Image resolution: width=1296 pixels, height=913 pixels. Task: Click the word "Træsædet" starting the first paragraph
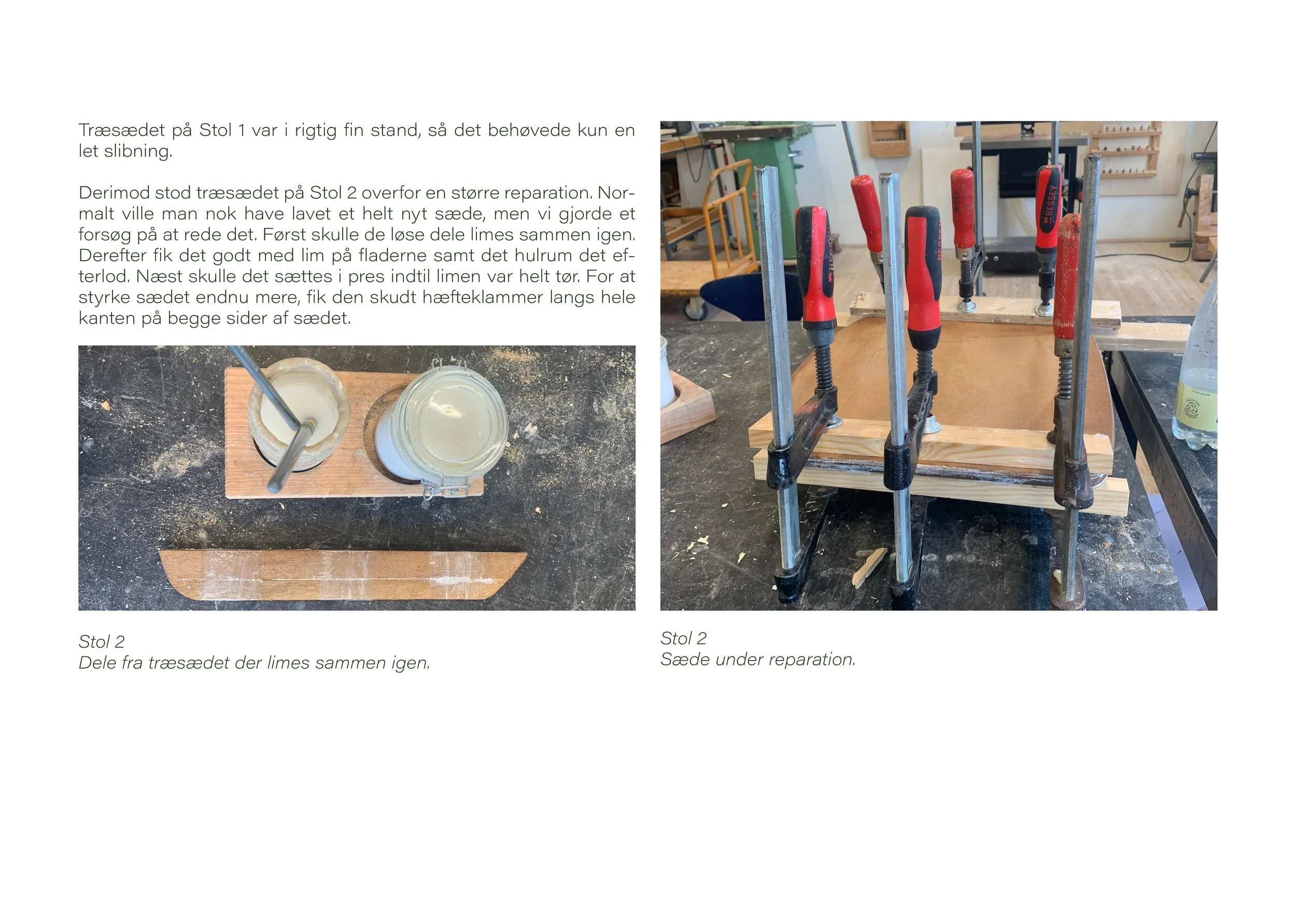(122, 131)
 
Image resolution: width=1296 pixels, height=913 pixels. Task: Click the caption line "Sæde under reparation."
(758, 659)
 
